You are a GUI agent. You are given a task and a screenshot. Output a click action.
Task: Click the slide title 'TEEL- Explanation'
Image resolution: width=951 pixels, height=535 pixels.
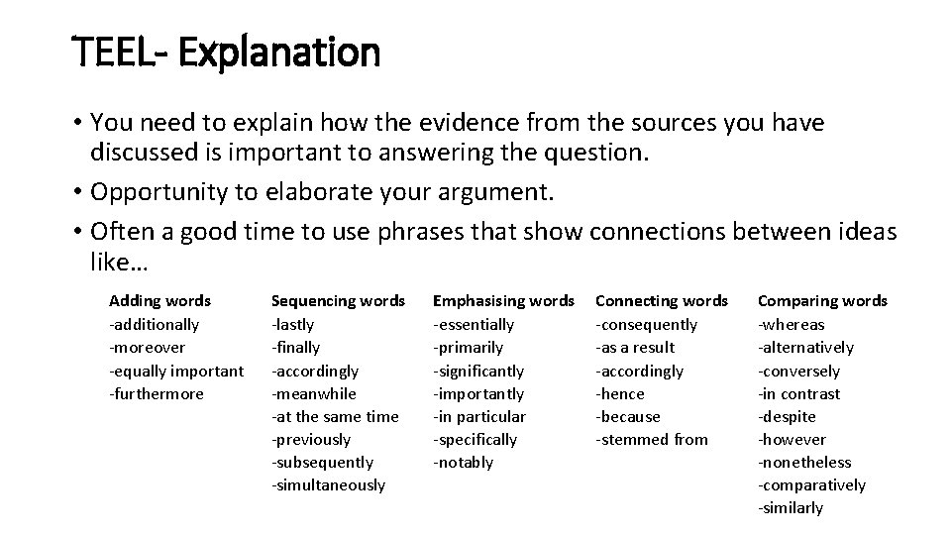point(227,52)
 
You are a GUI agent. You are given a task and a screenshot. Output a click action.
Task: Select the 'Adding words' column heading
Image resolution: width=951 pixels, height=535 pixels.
point(159,300)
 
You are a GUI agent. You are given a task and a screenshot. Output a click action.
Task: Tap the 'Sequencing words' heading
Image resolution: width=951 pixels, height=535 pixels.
point(338,300)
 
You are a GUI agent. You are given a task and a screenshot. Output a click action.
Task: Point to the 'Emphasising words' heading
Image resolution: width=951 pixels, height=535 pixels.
point(503,300)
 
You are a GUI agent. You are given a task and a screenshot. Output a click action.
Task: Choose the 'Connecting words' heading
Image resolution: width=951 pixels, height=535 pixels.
point(662,300)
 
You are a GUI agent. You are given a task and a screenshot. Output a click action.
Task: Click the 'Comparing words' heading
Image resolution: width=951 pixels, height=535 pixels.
point(822,300)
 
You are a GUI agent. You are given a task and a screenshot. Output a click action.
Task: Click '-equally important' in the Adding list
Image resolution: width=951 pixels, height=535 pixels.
point(175,371)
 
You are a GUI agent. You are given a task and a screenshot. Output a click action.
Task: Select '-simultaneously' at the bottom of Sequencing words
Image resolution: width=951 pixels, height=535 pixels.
point(328,485)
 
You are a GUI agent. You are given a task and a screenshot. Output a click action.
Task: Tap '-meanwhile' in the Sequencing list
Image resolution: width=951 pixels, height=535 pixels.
point(313,393)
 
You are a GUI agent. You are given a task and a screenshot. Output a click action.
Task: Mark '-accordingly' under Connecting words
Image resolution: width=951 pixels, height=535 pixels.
point(639,371)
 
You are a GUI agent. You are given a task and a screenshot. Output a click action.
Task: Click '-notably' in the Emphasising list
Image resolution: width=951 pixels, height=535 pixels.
point(463,463)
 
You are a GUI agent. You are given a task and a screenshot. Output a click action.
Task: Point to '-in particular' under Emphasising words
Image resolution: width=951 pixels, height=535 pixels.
point(479,416)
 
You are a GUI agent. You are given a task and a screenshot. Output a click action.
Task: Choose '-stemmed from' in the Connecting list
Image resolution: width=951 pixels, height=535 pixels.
point(652,439)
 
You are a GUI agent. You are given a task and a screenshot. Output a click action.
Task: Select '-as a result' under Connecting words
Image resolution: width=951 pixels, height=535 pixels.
point(635,347)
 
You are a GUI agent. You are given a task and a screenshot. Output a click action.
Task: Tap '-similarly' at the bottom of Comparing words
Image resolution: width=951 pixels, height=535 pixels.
point(791,508)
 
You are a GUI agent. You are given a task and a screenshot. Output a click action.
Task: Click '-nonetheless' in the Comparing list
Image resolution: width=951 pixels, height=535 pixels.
point(804,463)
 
